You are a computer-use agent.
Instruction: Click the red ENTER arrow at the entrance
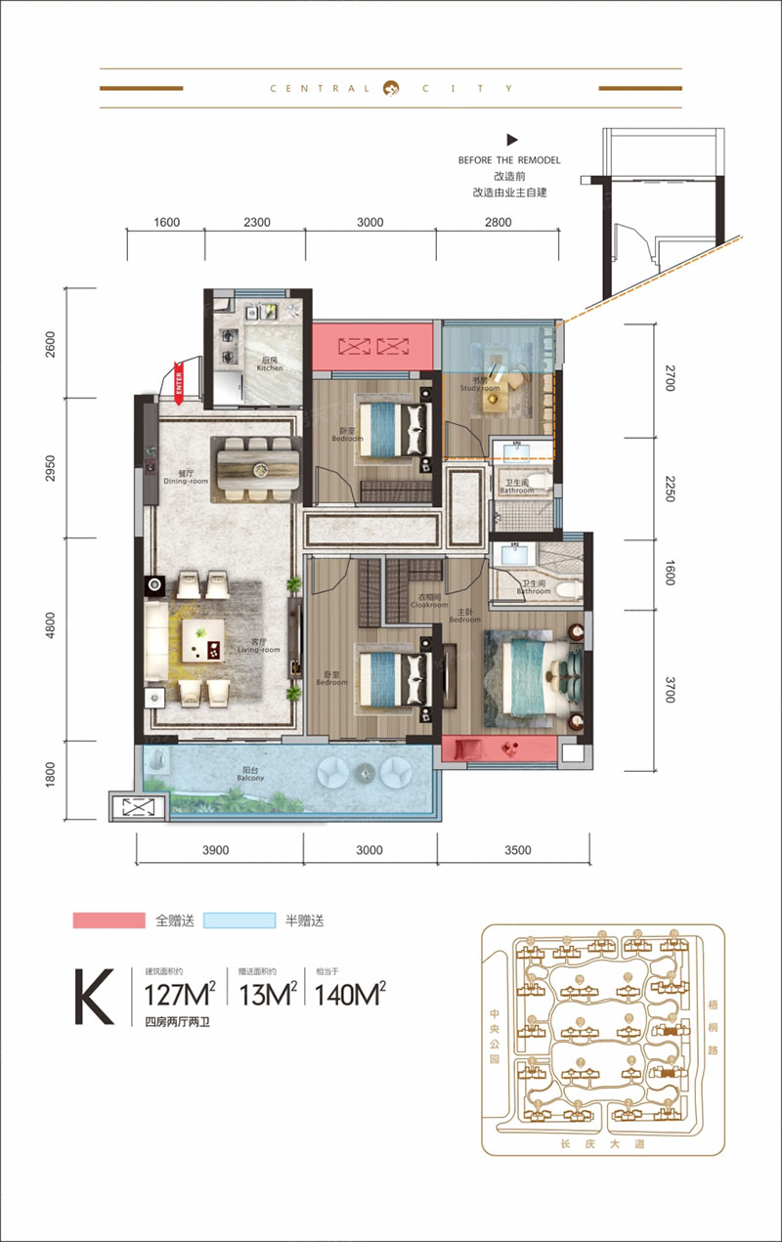coord(180,380)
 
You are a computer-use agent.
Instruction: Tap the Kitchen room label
coord(270,364)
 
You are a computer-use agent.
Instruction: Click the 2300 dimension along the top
coord(256,223)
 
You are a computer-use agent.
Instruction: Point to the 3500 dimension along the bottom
coord(517,850)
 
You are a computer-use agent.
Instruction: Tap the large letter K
coord(95,996)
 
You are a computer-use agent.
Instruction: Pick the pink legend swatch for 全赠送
coord(109,921)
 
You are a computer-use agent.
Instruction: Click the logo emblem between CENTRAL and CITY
coord(391,87)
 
